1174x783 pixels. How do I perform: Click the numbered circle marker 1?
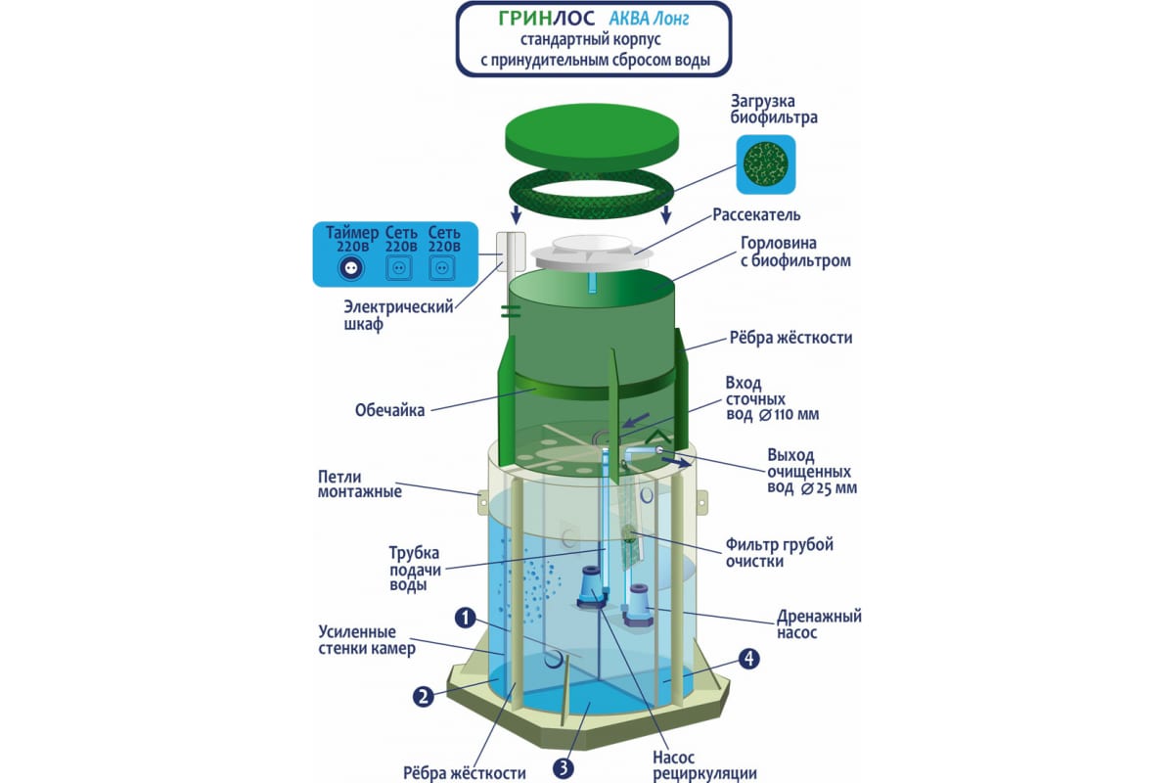click(465, 618)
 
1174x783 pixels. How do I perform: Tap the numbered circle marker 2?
click(423, 697)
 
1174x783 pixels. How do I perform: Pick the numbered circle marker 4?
click(748, 659)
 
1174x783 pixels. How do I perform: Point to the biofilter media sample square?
click(764, 163)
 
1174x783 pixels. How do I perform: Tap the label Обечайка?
click(390, 410)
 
